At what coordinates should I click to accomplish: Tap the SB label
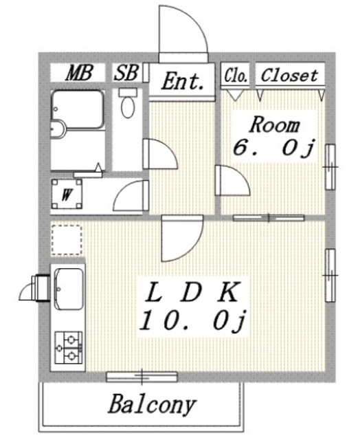click(x=126, y=73)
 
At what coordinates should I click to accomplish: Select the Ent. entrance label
click(x=183, y=82)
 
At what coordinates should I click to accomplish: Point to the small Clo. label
click(x=235, y=74)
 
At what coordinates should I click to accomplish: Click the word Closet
click(x=290, y=74)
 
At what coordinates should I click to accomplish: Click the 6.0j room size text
click(x=273, y=148)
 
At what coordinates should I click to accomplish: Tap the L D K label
click(x=193, y=294)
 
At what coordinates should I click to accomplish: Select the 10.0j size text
click(x=193, y=320)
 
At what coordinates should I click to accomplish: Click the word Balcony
click(x=152, y=404)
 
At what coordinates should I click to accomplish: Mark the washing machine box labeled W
click(x=67, y=194)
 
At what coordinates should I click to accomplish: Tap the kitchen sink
click(x=67, y=287)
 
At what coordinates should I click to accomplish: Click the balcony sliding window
click(x=142, y=376)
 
